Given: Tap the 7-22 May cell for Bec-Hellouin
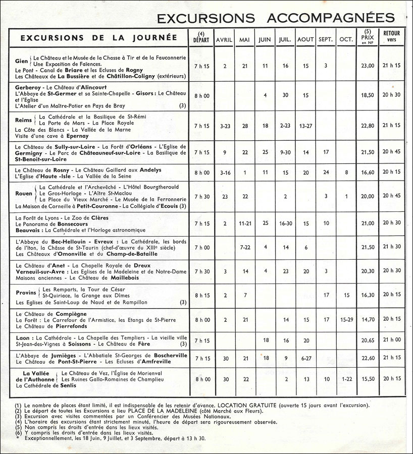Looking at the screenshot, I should [245, 247].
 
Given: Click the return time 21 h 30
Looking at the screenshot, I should [392, 247].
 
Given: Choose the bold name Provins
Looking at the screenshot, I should [25, 292].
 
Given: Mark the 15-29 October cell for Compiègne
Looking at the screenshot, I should [347, 319].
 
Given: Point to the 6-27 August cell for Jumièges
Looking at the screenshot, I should [305, 358].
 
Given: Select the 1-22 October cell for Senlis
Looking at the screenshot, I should [347, 379].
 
